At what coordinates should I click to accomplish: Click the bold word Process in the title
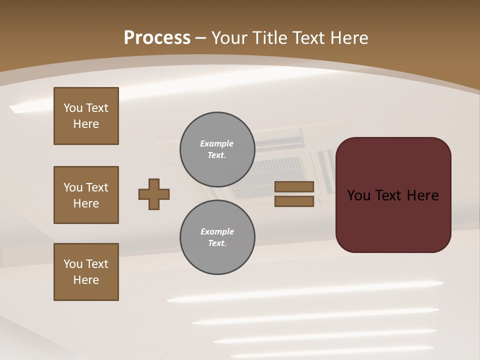157,38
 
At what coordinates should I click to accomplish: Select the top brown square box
86,116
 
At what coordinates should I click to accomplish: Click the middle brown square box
86,195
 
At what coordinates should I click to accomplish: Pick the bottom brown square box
86,272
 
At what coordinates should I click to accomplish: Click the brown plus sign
154,194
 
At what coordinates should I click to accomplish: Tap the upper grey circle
217,149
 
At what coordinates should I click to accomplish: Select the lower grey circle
217,237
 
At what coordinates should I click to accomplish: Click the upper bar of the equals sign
294,187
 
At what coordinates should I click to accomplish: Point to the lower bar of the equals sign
294,201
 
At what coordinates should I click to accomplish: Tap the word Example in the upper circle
217,143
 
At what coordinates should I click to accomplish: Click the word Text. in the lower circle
217,243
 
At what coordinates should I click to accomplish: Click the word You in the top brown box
73,108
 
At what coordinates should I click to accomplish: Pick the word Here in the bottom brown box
86,280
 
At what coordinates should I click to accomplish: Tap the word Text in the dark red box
391,195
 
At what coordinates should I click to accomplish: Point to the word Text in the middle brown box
97,187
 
